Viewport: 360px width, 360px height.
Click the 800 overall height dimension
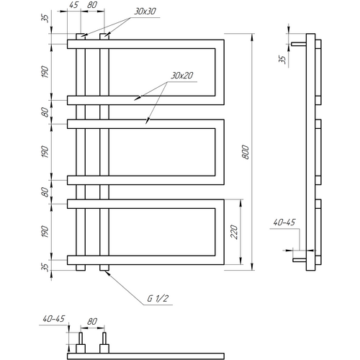pyautogui.click(x=246, y=152)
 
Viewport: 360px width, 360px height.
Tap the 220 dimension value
pyautogui.click(x=234, y=232)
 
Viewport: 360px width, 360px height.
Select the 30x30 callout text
pyautogui.click(x=145, y=12)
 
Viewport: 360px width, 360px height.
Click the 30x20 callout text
pyautogui.click(x=181, y=76)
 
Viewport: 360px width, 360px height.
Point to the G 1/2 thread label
pyautogui.click(x=158, y=299)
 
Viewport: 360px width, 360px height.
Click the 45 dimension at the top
pyautogui.click(x=73, y=5)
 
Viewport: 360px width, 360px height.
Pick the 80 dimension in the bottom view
pyautogui.click(x=92, y=321)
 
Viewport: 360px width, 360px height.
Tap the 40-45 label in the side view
pyautogui.click(x=284, y=222)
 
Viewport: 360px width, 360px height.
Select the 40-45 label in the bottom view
pyautogui.click(x=54, y=319)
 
